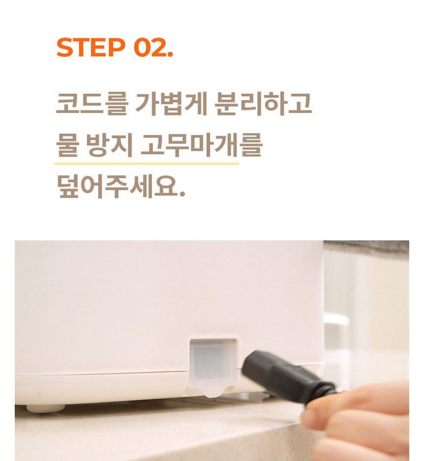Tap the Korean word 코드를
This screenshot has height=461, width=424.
[x=92, y=103]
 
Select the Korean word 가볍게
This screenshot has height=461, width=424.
[x=171, y=103]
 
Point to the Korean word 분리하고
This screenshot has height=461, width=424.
[x=263, y=103]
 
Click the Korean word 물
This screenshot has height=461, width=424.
[x=67, y=145]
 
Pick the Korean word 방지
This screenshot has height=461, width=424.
[x=109, y=145]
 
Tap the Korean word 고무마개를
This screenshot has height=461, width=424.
[x=201, y=145]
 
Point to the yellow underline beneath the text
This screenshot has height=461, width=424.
[x=147, y=163]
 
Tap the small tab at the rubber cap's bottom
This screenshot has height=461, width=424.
[x=213, y=392]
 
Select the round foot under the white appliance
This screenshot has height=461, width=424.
[x=46, y=408]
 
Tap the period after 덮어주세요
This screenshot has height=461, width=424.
[x=182, y=194]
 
